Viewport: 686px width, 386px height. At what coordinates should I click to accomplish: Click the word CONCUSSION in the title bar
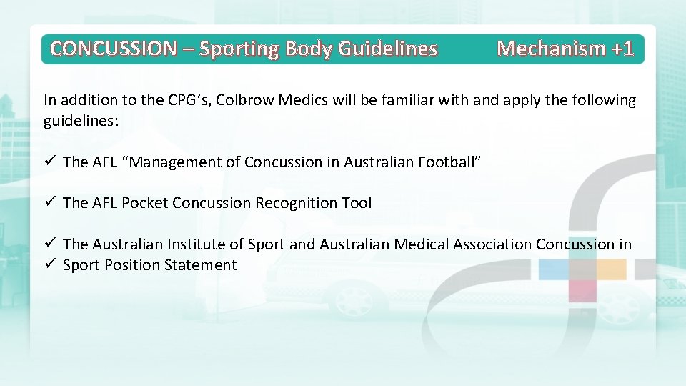(x=114, y=49)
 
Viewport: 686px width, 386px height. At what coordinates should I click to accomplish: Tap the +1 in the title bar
(x=622, y=49)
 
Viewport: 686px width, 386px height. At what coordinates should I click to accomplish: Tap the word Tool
(x=356, y=203)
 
